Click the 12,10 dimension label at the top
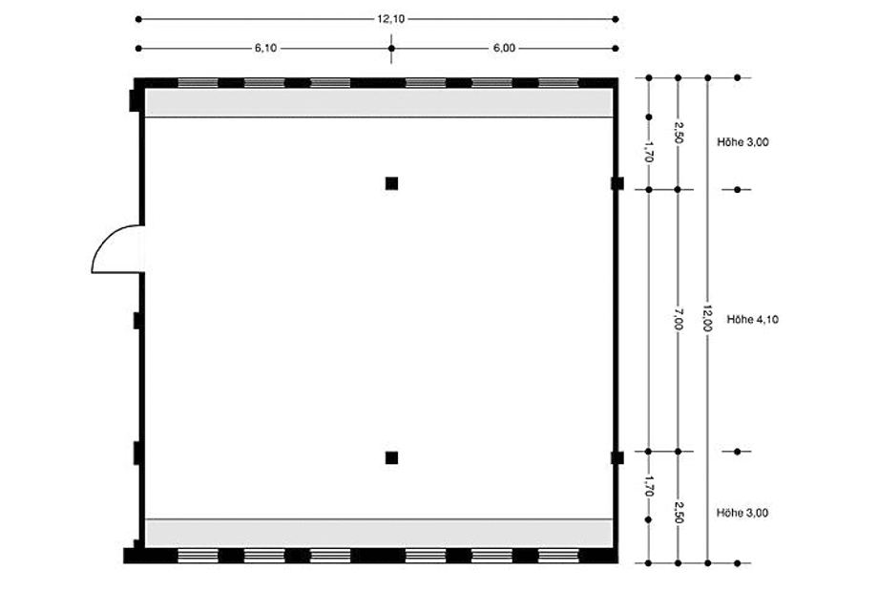point(390,19)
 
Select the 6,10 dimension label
point(265,48)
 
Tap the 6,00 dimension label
point(504,48)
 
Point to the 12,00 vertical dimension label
point(708,318)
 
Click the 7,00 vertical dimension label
point(679,319)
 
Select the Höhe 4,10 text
point(753,319)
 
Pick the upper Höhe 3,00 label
point(742,142)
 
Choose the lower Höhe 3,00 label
point(742,513)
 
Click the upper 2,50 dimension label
point(679,133)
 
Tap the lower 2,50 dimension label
point(679,513)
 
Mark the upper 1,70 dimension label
point(648,151)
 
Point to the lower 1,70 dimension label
point(648,486)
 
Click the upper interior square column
point(391,183)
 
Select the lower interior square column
point(391,457)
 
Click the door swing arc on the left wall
point(104,240)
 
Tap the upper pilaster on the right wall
point(617,183)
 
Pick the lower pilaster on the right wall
point(617,457)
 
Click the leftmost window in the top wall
point(198,83)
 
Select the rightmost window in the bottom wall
point(558,556)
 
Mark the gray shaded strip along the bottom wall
point(379,534)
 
